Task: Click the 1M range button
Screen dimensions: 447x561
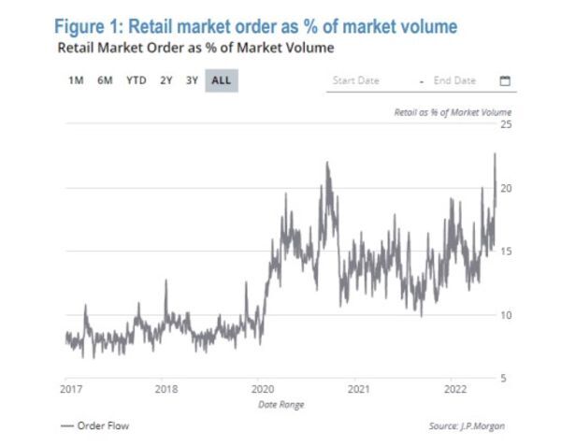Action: coord(76,80)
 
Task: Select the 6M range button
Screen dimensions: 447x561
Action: coord(105,80)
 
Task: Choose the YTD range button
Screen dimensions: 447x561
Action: coord(136,80)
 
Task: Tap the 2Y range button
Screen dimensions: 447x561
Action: coord(165,80)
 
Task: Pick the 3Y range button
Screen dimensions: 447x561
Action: coord(191,80)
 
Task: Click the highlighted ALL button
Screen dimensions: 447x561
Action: coord(221,80)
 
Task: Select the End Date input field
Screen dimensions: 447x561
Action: coord(455,80)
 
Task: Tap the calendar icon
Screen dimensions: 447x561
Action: coord(505,80)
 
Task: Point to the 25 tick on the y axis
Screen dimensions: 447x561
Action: coord(504,124)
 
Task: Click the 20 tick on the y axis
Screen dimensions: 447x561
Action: coord(504,188)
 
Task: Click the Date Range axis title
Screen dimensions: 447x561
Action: coord(280,404)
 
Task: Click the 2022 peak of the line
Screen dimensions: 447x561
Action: coord(494,154)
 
